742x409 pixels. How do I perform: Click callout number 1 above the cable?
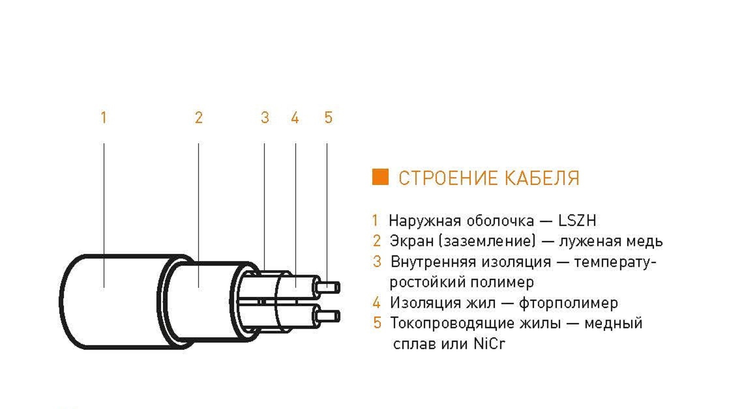click(x=104, y=118)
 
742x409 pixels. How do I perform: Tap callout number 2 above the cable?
click(x=199, y=118)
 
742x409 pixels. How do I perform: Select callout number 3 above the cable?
click(x=265, y=118)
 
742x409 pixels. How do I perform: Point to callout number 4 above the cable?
click(x=295, y=118)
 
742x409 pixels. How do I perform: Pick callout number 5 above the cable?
click(x=328, y=118)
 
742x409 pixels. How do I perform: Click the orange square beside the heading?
click(x=380, y=177)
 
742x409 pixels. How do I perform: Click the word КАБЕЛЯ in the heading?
click(x=542, y=178)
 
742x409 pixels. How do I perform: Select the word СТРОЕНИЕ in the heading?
click(x=449, y=178)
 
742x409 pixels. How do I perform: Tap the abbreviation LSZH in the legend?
click(x=577, y=221)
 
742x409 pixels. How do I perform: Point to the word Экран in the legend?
click(x=411, y=241)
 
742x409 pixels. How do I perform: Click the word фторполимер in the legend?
click(x=568, y=303)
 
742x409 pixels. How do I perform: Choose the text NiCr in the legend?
click(x=489, y=344)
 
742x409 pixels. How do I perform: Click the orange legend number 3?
click(x=377, y=262)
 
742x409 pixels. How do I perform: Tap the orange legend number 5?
click(x=377, y=323)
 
